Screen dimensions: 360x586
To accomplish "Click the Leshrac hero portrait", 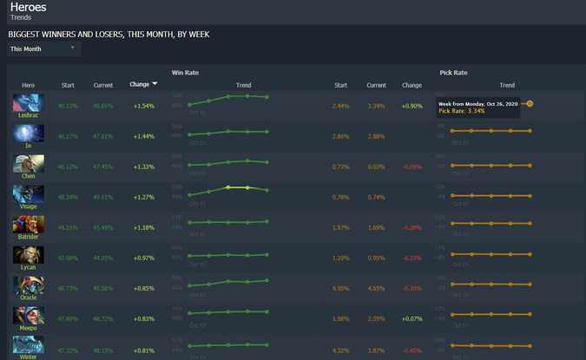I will tap(28, 102).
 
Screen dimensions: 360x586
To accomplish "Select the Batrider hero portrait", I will tap(28, 225).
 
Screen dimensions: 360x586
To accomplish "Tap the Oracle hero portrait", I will tap(28, 285).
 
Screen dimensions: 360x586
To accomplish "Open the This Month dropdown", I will tap(43, 49).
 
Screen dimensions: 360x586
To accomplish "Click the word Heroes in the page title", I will tap(28, 7).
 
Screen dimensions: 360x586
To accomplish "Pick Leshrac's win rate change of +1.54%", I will tap(143, 106).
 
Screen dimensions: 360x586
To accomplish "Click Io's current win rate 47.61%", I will tap(103, 136).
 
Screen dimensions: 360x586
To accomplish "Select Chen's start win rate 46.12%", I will tap(68, 167).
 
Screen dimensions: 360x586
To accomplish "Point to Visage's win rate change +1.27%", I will tap(143, 197).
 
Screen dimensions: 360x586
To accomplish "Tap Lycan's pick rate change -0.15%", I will tap(412, 258).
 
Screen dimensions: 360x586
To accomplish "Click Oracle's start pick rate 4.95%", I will tap(340, 288).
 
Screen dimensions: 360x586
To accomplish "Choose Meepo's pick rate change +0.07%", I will tap(412, 318).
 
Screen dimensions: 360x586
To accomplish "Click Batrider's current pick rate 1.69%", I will tap(376, 227).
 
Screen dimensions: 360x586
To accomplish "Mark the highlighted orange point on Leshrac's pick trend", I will tap(530, 103).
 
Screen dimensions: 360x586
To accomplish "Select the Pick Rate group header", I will tap(453, 72).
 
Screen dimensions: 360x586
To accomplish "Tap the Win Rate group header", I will tap(185, 72).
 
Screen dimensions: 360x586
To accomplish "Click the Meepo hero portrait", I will tap(28, 316).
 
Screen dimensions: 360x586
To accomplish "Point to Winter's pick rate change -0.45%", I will tap(412, 350).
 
